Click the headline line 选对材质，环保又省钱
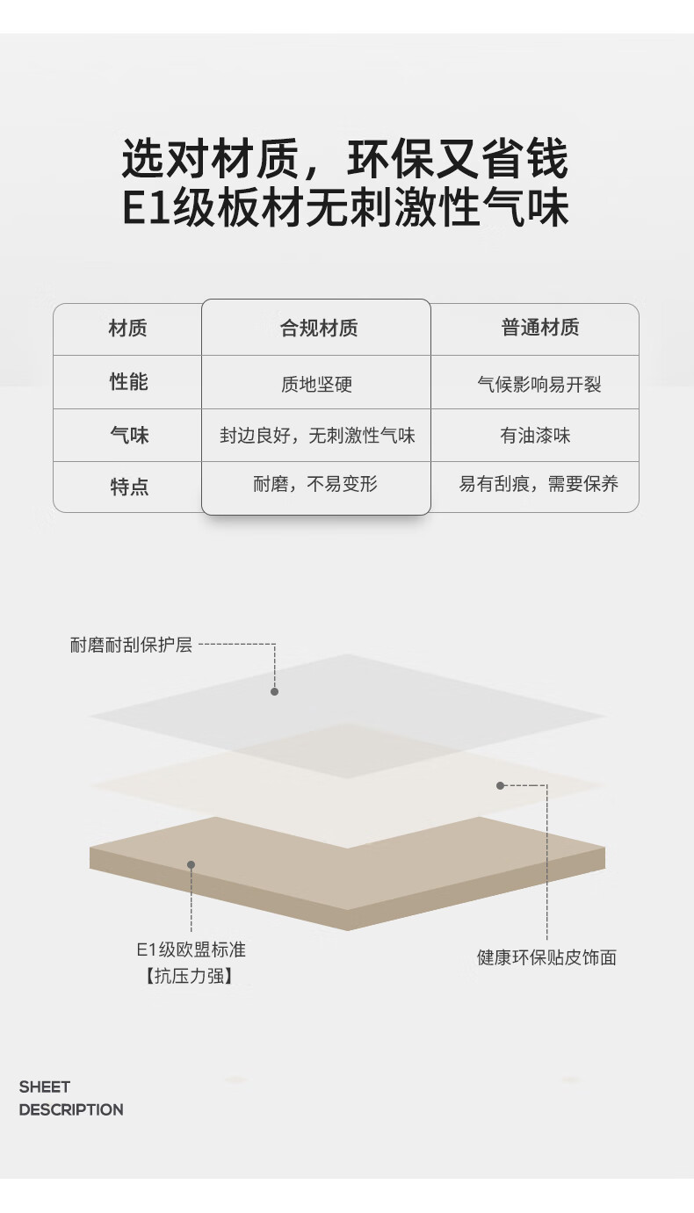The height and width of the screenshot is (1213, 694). click(x=345, y=161)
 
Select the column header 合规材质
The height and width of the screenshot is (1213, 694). click(x=318, y=329)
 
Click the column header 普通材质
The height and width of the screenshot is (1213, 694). click(x=539, y=328)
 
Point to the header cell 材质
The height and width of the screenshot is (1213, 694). click(x=127, y=329)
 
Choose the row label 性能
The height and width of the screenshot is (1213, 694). click(x=128, y=382)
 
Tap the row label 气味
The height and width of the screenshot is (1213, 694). click(x=129, y=435)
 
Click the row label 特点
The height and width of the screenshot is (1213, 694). click(x=129, y=487)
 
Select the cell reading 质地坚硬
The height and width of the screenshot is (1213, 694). click(x=316, y=384)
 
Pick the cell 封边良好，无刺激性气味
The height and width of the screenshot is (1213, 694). click(x=317, y=435)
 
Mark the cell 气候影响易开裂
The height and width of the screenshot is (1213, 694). click(x=539, y=384)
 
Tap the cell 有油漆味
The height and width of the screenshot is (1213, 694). click(x=536, y=435)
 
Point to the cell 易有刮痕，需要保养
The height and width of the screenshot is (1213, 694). click(x=539, y=484)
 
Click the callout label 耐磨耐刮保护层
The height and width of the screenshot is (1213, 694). click(x=131, y=645)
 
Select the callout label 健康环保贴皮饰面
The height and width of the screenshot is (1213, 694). click(x=546, y=957)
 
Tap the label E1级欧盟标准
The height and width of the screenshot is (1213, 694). click(x=191, y=950)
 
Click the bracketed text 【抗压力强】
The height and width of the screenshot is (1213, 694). click(x=190, y=976)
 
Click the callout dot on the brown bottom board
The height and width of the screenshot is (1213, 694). click(x=191, y=864)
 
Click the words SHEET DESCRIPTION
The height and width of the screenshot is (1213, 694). click(x=71, y=1098)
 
